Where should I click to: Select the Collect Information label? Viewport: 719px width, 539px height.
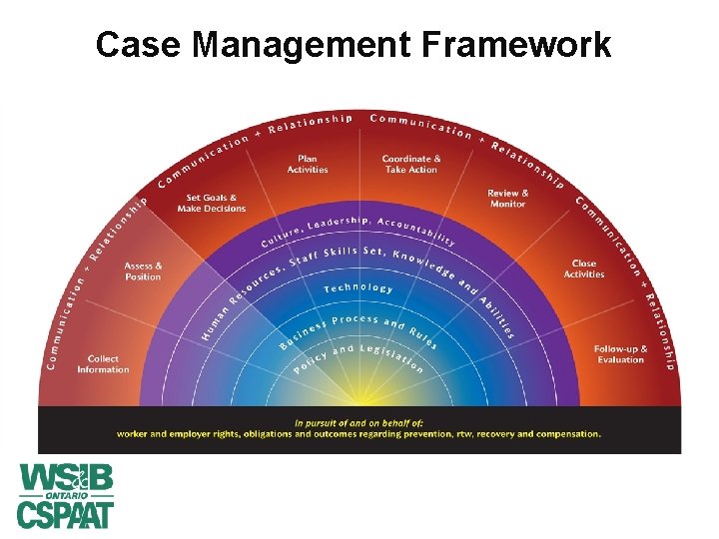tap(103, 364)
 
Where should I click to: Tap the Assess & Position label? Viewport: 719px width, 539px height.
tap(143, 271)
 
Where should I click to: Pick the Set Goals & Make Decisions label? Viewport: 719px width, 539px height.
tap(212, 203)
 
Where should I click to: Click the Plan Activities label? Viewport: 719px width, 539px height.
tap(308, 164)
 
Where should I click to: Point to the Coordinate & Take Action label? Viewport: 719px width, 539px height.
tap(410, 164)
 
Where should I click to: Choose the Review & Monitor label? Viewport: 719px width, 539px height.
tap(508, 198)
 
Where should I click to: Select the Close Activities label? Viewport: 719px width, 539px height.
tap(584, 269)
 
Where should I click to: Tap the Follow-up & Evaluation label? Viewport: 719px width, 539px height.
tap(620, 354)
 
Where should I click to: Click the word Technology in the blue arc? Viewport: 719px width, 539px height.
tap(359, 287)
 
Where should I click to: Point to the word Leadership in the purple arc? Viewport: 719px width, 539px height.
tap(339, 222)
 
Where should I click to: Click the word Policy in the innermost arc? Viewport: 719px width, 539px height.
tap(310, 363)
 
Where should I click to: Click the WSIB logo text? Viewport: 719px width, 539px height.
tap(66, 476)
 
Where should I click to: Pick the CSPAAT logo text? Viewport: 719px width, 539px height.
tap(66, 514)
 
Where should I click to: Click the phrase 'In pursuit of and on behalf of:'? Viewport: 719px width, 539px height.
tap(359, 422)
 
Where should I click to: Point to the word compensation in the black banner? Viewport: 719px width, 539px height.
tap(566, 434)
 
